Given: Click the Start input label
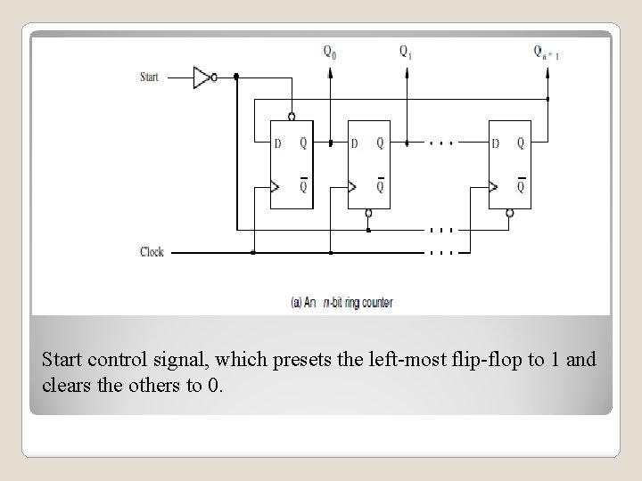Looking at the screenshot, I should (150, 77).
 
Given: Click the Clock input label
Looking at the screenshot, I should (152, 252).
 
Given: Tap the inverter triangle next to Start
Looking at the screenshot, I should (202, 77).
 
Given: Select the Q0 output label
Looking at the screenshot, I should (331, 51).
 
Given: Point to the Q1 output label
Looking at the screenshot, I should (406, 51).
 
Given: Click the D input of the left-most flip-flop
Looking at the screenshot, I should (278, 143).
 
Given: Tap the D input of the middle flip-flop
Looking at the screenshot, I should (355, 143).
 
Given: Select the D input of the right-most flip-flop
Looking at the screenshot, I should (496, 143).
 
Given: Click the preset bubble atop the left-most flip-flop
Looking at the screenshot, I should (292, 116).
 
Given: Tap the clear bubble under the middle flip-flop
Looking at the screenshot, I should (368, 213).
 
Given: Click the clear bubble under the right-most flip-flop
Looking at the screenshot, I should (508, 213).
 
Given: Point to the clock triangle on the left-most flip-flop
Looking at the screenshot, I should (276, 186).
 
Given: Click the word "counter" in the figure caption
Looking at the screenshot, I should (374, 302).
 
